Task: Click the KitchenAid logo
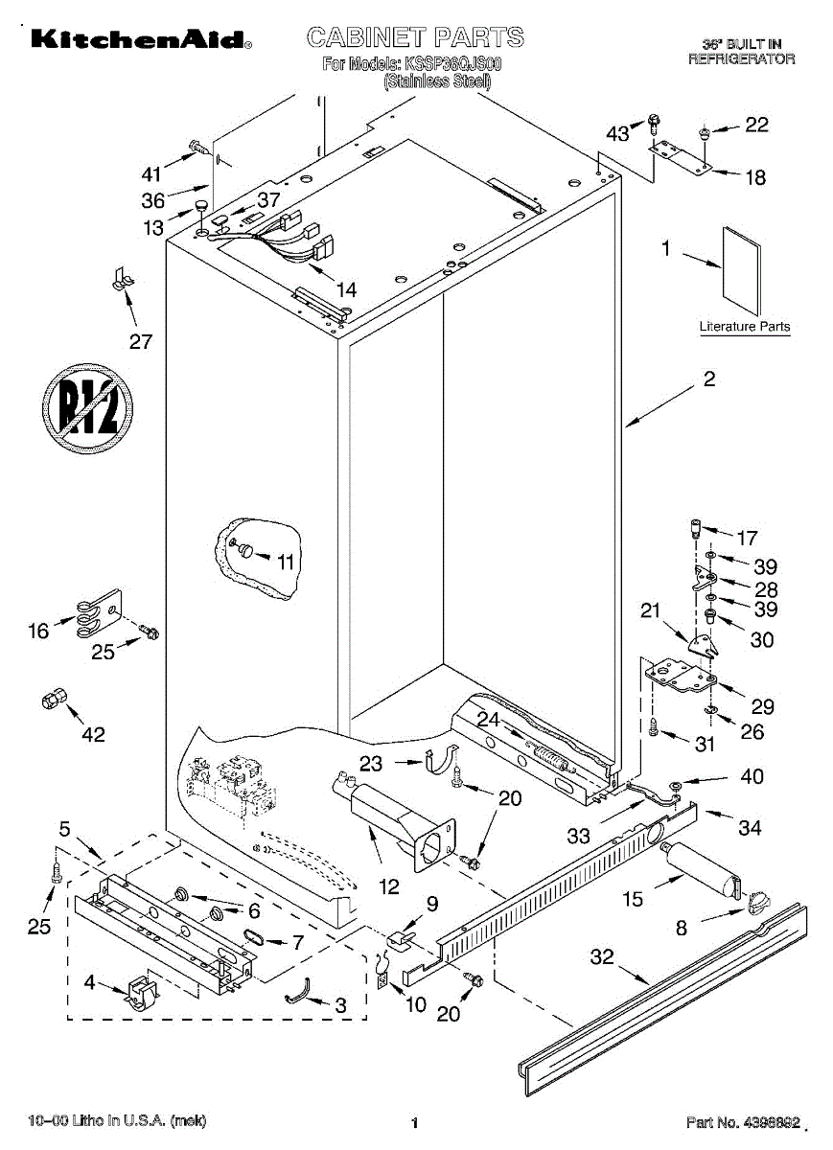pyautogui.click(x=141, y=39)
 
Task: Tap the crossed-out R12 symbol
pyautogui.click(x=87, y=408)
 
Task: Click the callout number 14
pyautogui.click(x=347, y=290)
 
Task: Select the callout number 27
pyautogui.click(x=141, y=341)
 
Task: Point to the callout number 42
pyautogui.click(x=94, y=735)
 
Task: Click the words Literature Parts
pyautogui.click(x=745, y=327)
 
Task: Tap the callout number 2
pyautogui.click(x=709, y=379)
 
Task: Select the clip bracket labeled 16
pyautogui.click(x=99, y=612)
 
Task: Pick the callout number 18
pyautogui.click(x=755, y=177)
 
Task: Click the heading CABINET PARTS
pyautogui.click(x=415, y=37)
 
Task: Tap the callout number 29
pyautogui.click(x=763, y=707)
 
